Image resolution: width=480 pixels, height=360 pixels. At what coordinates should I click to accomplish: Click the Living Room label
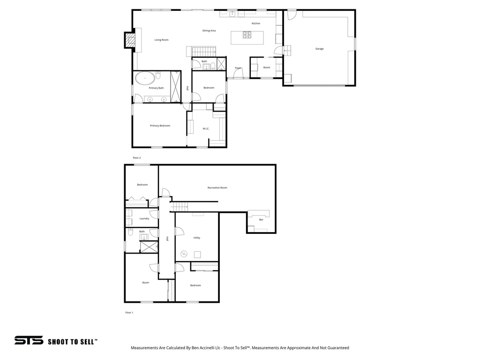click(161, 40)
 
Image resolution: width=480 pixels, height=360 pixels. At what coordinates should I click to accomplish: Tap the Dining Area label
click(209, 30)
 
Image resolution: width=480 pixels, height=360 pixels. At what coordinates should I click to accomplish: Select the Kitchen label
click(255, 23)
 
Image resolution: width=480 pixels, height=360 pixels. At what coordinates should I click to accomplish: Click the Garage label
click(319, 49)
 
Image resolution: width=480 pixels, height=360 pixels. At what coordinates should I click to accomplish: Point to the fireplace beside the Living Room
click(129, 40)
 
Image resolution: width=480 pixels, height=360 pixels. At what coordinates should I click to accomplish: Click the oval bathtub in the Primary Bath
click(146, 78)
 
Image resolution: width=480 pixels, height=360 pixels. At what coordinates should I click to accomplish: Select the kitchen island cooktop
click(247, 35)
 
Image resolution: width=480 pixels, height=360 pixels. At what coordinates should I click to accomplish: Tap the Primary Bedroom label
click(160, 126)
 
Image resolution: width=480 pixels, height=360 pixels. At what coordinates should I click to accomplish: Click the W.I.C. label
click(206, 128)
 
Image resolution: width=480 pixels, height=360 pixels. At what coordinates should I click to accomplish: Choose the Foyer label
click(238, 68)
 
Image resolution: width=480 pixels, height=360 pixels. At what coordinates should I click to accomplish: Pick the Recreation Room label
click(217, 187)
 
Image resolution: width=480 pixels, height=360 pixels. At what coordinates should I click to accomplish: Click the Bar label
click(261, 219)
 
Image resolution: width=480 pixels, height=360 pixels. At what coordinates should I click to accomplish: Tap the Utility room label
click(197, 238)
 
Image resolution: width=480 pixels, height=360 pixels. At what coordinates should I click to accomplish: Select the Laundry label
click(144, 218)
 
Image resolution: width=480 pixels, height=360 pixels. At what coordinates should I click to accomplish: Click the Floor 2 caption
click(136, 158)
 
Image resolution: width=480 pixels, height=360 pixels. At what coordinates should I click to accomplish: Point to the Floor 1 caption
click(129, 312)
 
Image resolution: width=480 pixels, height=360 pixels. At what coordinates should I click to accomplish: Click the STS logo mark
click(29, 341)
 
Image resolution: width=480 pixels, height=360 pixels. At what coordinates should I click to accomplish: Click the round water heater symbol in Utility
click(184, 254)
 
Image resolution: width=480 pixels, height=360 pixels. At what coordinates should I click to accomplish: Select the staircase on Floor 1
click(179, 206)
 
